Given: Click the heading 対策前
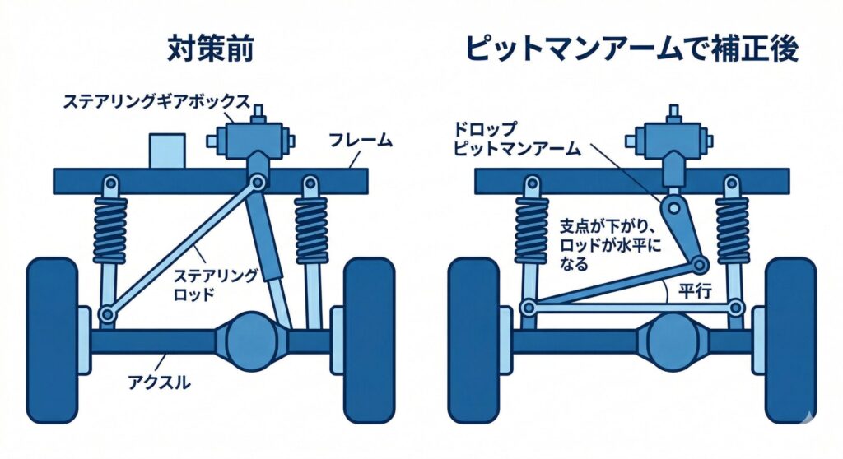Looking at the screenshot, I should pyautogui.click(x=211, y=49).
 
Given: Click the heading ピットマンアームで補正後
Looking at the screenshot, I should pyautogui.click(x=631, y=49).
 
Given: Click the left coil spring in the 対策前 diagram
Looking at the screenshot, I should pyautogui.click(x=110, y=230).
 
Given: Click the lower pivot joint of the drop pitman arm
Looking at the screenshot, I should pyautogui.click(x=700, y=264).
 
